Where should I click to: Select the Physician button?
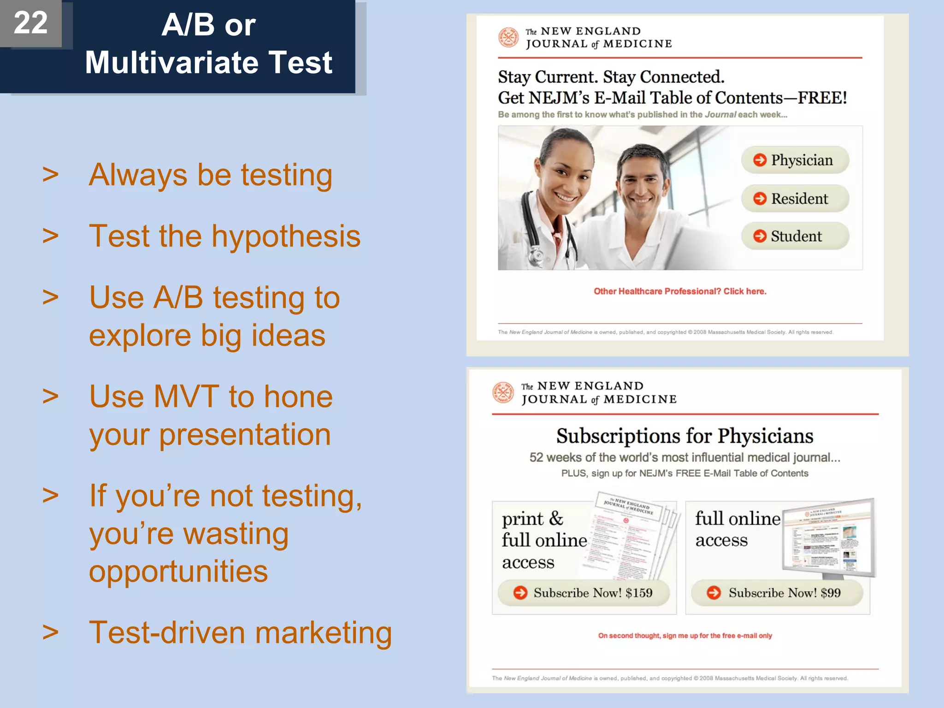[795, 160]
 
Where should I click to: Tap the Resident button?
[795, 199]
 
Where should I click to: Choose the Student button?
[795, 236]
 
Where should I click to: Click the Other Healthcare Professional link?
[680, 291]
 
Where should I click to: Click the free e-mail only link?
[685, 636]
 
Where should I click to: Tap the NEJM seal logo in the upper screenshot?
[508, 37]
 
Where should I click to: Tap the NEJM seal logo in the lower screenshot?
[503, 392]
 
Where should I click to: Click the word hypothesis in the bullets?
[286, 236]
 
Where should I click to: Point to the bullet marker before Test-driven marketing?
[51, 632]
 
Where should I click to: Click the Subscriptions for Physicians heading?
[685, 436]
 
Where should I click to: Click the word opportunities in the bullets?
[178, 572]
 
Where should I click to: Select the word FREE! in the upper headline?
[822, 98]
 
